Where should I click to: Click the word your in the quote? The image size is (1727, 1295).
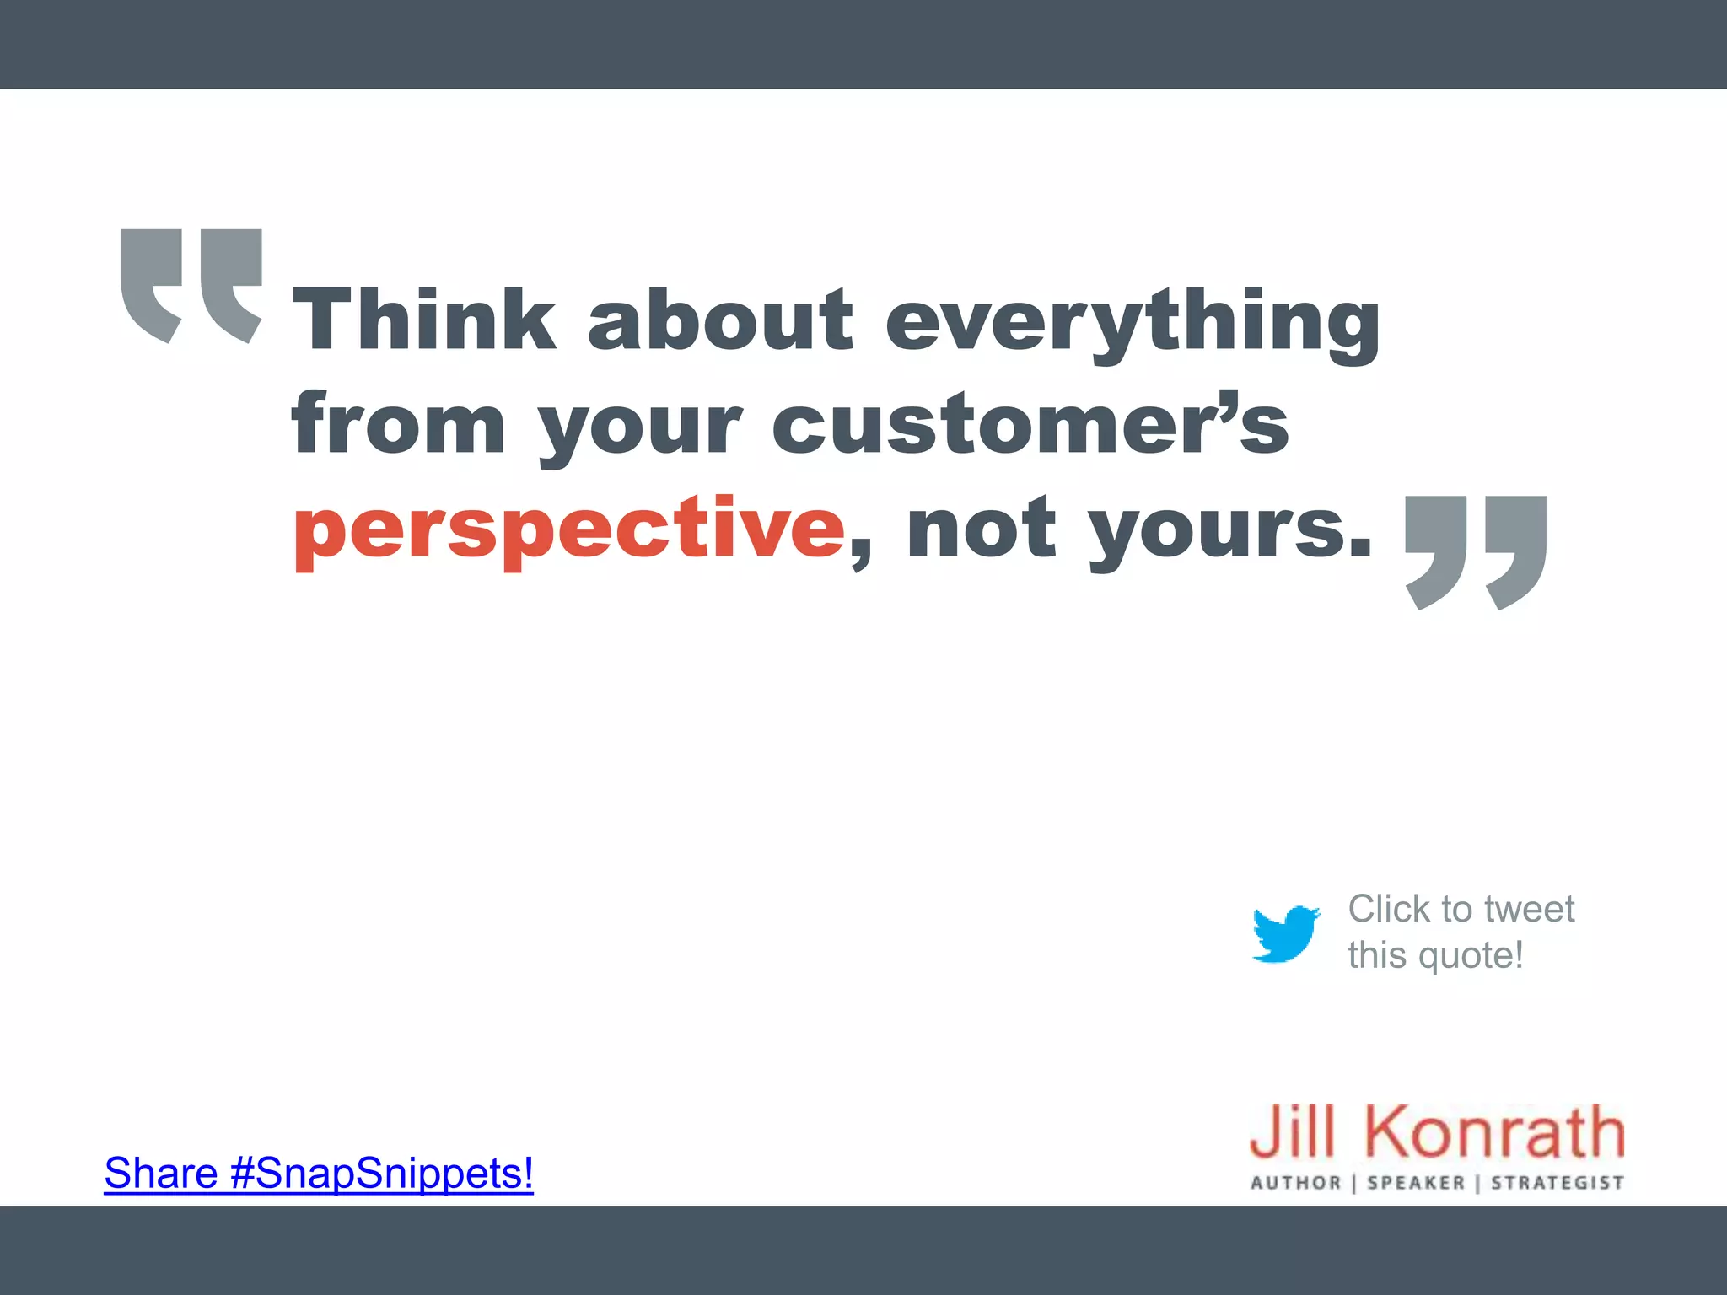(640, 430)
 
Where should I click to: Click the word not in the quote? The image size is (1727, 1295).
(982, 529)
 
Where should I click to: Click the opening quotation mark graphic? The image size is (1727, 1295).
(191, 285)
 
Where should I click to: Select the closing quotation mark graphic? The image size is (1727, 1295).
(1476, 552)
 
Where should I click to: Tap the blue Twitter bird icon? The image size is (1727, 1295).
(1286, 933)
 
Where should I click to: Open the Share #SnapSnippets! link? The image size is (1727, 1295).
(319, 1173)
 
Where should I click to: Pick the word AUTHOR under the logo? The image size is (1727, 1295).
(1296, 1183)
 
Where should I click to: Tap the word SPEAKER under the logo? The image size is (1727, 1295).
(1416, 1183)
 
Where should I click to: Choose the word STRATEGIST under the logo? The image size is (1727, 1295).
(1558, 1183)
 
